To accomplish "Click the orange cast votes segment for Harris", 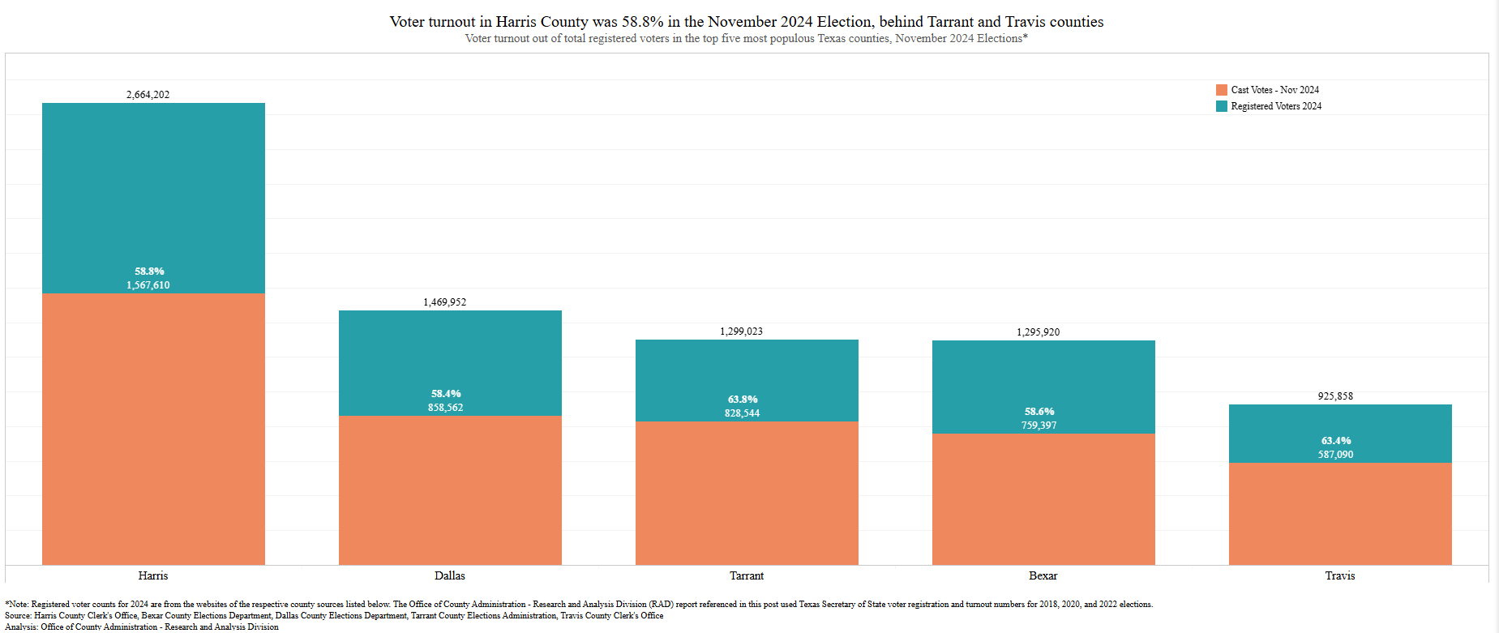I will click(x=153, y=429).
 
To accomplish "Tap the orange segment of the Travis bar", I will click(x=1340, y=514).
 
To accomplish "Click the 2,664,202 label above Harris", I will click(x=148, y=95).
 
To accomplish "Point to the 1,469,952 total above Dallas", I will click(x=445, y=302).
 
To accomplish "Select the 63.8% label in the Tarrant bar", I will click(x=743, y=400).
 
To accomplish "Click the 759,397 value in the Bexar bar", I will click(x=1039, y=426).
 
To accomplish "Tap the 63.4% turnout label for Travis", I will click(x=1336, y=441).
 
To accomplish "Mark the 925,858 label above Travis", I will click(x=1335, y=396).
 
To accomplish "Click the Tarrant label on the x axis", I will click(x=747, y=575).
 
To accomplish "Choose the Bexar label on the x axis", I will click(x=1043, y=575).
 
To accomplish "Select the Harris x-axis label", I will click(x=153, y=575).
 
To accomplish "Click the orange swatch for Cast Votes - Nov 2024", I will click(x=1222, y=90).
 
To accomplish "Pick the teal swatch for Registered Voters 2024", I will click(x=1222, y=106).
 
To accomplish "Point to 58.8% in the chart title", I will click(x=642, y=22).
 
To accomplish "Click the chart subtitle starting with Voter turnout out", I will click(x=746, y=39).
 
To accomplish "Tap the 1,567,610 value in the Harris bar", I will click(x=148, y=285).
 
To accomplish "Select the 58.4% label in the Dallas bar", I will click(x=446, y=394).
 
